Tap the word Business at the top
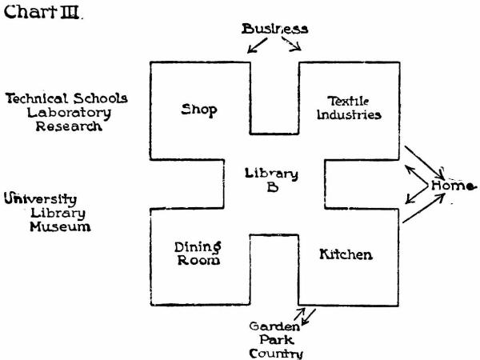pyautogui.click(x=275, y=28)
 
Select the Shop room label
pyautogui.click(x=199, y=110)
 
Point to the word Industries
pyautogui.click(x=349, y=115)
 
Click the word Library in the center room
pyautogui.click(x=271, y=174)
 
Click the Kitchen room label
pyautogui.click(x=346, y=254)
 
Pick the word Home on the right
pyautogui.click(x=453, y=186)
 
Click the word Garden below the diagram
pyautogui.click(x=274, y=326)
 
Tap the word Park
pyautogui.click(x=274, y=339)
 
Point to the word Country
pyautogui.click(x=274, y=353)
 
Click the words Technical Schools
pyautogui.click(x=66, y=98)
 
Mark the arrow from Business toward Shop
pyautogui.click(x=258, y=47)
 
